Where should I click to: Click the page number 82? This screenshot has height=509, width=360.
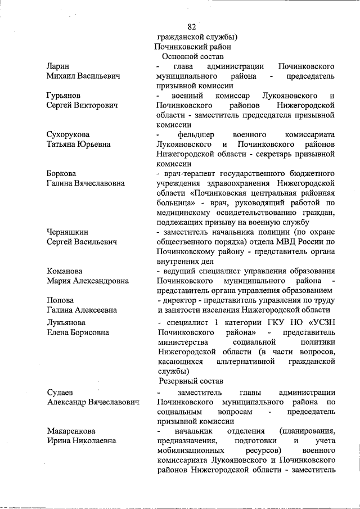tap(191, 27)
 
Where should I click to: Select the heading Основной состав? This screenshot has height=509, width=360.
tap(192, 57)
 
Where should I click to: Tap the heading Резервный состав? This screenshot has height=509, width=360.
tap(191, 381)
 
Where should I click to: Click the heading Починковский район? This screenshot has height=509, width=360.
tap(192, 47)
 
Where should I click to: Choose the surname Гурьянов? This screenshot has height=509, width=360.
tap(64, 96)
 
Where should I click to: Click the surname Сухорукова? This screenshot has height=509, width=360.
tap(68, 134)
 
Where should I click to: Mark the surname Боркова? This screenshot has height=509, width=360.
tap(61, 173)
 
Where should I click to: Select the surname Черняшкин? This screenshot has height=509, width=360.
tap(67, 231)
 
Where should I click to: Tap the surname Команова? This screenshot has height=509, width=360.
tap(65, 271)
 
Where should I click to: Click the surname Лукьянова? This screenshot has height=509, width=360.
tap(66, 322)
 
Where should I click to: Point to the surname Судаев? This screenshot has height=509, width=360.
tap(61, 392)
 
